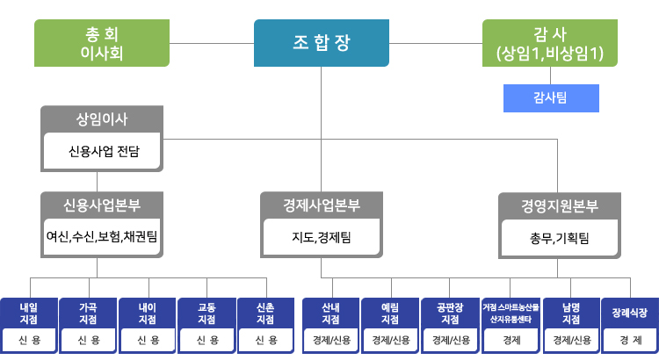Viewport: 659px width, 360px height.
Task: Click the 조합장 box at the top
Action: point(321,43)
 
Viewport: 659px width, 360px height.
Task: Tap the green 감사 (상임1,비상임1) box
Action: point(549,43)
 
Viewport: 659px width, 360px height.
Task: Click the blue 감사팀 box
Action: point(550,97)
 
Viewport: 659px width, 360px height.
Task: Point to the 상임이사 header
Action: point(103,118)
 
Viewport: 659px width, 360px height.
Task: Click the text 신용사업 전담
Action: point(103,151)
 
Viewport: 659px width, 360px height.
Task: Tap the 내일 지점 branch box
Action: point(29,314)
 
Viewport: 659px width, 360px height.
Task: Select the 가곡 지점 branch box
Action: point(89,314)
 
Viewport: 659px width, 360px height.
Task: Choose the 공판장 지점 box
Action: point(450,314)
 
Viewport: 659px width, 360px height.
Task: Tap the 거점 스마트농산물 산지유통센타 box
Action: point(511,314)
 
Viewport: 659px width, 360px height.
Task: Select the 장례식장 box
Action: point(630,313)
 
